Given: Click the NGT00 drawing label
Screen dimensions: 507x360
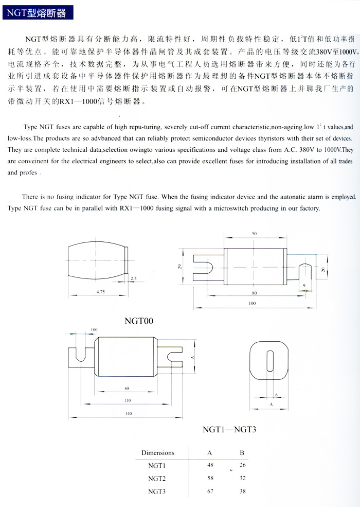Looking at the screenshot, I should [x=139, y=321].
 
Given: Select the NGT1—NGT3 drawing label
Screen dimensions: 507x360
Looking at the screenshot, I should [x=229, y=429].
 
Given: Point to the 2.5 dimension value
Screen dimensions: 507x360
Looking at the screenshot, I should [x=133, y=278].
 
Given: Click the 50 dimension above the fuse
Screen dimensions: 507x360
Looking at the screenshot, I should [x=254, y=234].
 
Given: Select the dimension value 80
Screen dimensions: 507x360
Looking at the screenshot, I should [x=254, y=293].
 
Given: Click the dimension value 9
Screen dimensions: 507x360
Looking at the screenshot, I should [x=304, y=285].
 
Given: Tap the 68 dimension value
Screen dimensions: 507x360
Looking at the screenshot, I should [x=127, y=389].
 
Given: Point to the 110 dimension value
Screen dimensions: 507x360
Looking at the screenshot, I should [x=127, y=400].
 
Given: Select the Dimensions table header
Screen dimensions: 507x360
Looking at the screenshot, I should [x=158, y=453].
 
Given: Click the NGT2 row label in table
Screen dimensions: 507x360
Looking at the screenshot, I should [x=157, y=478].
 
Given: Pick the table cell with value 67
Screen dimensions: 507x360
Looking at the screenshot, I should [x=210, y=491].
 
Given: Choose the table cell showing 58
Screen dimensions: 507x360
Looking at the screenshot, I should [x=210, y=478].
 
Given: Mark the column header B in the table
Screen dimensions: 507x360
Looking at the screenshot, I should [x=242, y=453].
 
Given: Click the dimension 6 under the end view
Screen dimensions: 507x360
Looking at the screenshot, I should [x=276, y=395].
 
